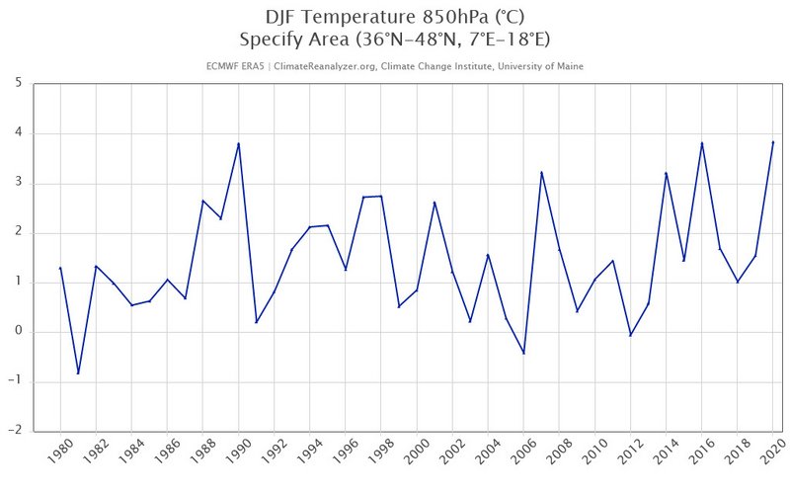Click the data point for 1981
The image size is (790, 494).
(x=78, y=373)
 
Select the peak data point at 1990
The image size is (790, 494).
(x=238, y=144)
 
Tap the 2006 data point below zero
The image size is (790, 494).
(x=523, y=353)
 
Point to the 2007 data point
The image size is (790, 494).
(x=541, y=173)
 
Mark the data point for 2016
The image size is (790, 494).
(x=701, y=143)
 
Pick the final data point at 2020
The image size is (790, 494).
(x=772, y=142)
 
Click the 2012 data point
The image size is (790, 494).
(x=630, y=335)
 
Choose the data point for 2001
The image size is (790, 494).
(x=434, y=203)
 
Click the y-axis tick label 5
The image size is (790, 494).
(x=19, y=83)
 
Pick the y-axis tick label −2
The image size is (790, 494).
(x=16, y=431)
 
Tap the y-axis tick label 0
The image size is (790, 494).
(x=19, y=332)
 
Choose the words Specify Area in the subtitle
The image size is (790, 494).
(x=289, y=40)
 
